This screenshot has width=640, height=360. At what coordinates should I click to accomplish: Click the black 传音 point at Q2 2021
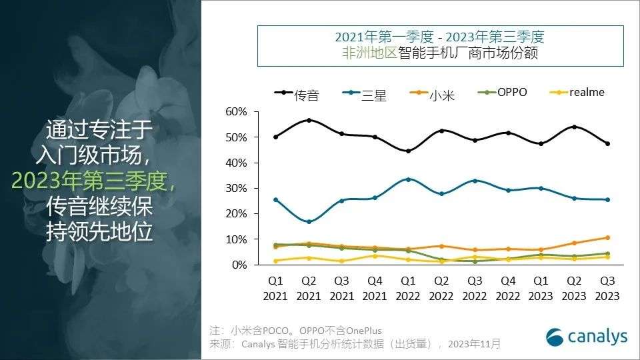pyautogui.click(x=309, y=120)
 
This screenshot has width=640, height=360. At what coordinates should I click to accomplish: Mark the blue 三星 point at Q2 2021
pyautogui.click(x=309, y=221)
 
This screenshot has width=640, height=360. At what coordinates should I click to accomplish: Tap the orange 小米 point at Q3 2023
pyautogui.click(x=607, y=237)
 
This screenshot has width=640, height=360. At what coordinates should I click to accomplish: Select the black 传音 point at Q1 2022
pyautogui.click(x=408, y=151)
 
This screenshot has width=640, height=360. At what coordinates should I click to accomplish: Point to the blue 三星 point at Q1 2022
pyautogui.click(x=408, y=179)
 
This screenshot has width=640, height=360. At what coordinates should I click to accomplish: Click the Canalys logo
pyautogui.click(x=587, y=337)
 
